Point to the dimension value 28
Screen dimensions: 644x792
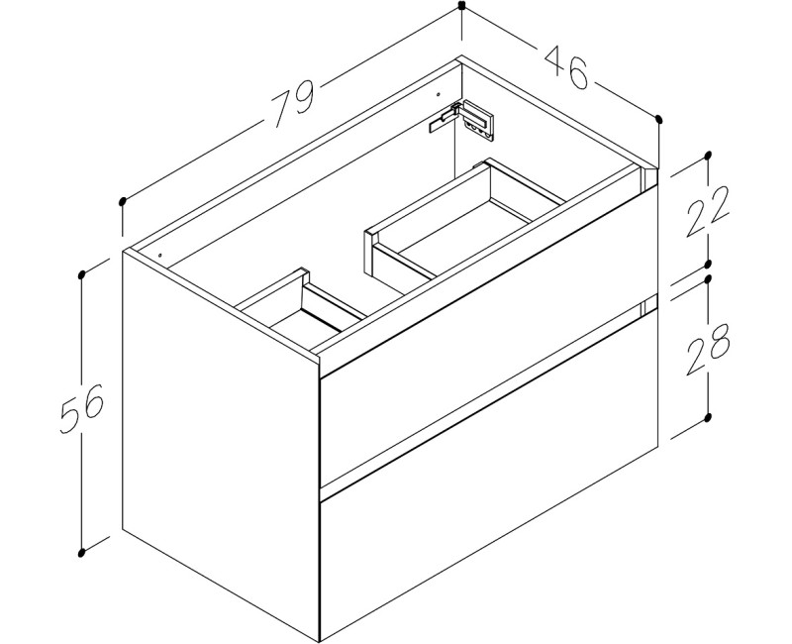click(x=710, y=347)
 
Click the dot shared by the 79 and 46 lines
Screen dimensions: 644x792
click(x=461, y=6)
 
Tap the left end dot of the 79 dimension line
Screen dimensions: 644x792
click(x=122, y=201)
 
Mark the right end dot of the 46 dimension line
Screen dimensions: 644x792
click(x=658, y=120)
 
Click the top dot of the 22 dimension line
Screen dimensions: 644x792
click(x=708, y=156)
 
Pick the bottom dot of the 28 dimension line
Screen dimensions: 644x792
click(x=709, y=417)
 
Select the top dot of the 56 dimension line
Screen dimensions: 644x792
click(x=81, y=270)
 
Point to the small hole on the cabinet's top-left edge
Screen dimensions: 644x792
click(x=156, y=256)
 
